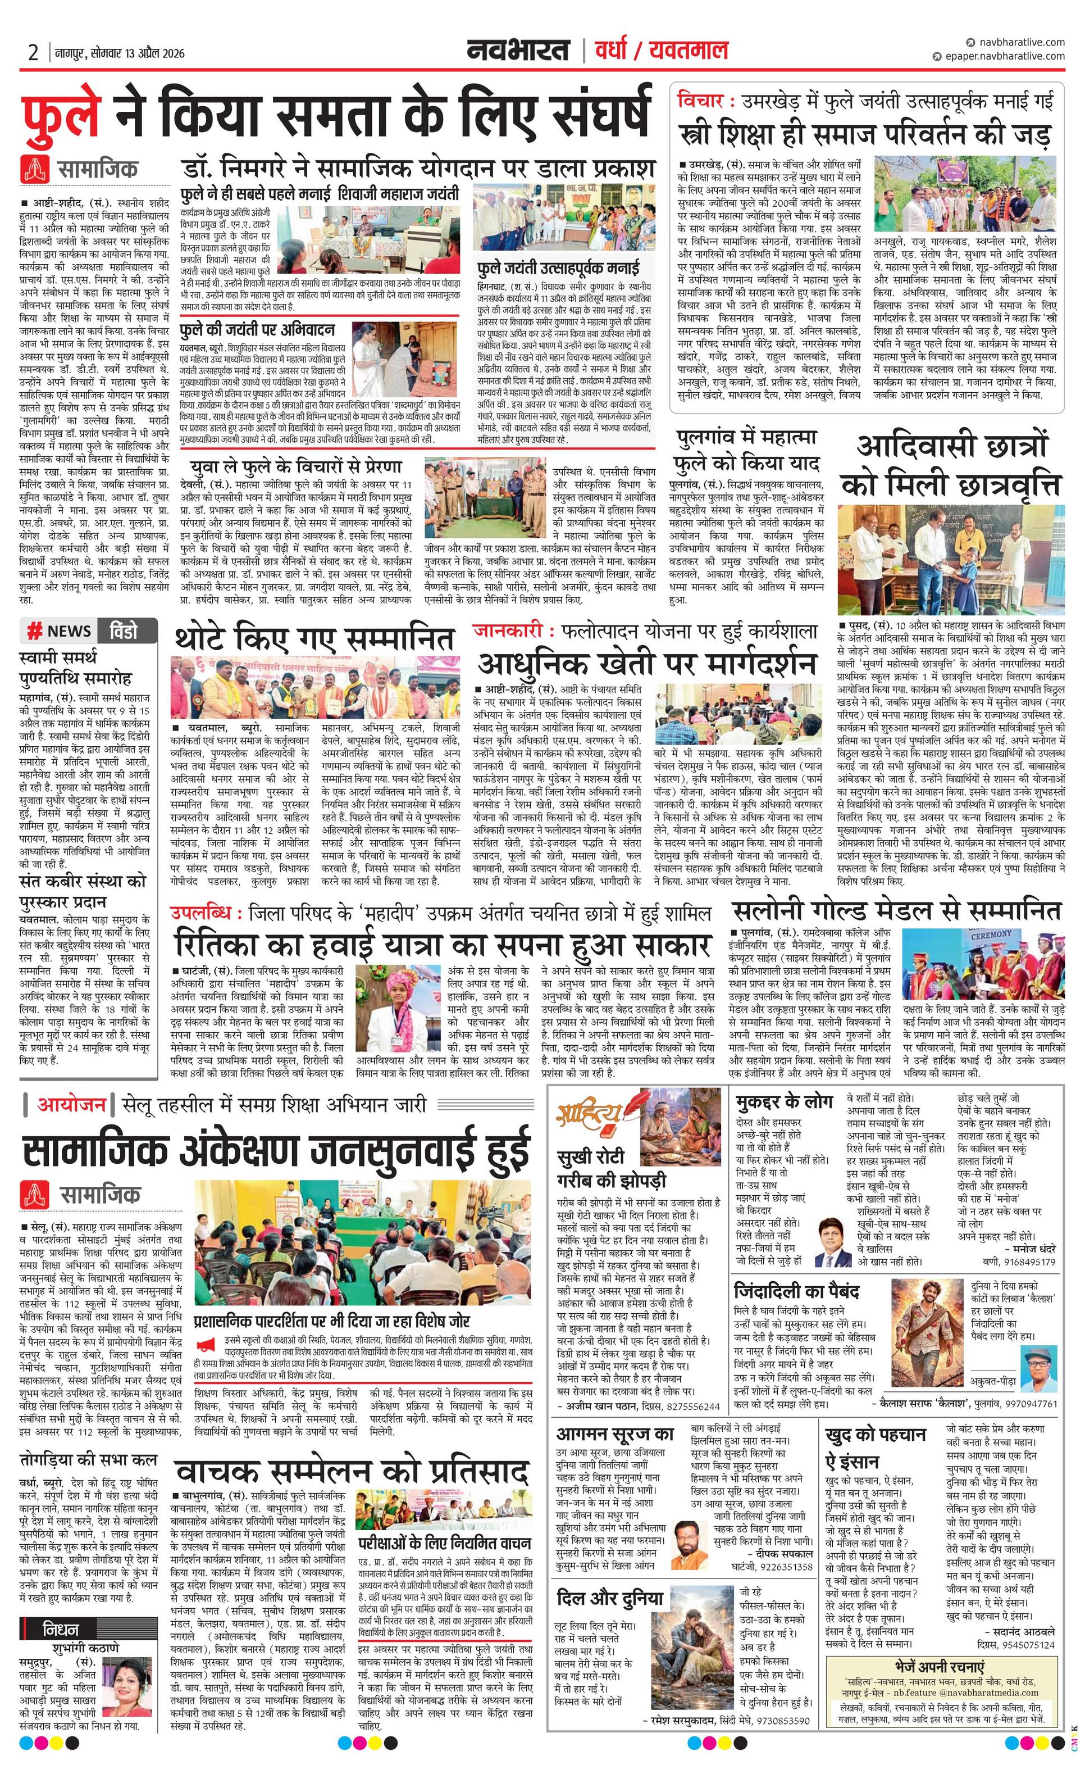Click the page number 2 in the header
[x=33, y=53]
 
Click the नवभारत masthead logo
[x=517, y=51]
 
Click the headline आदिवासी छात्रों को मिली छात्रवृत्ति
[x=957, y=465]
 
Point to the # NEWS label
[x=60, y=630]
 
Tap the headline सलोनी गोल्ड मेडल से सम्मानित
[x=896, y=910]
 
